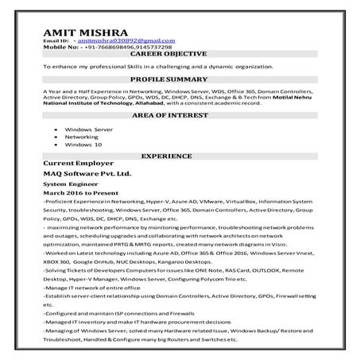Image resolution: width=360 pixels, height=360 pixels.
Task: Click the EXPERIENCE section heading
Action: point(180,157)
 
